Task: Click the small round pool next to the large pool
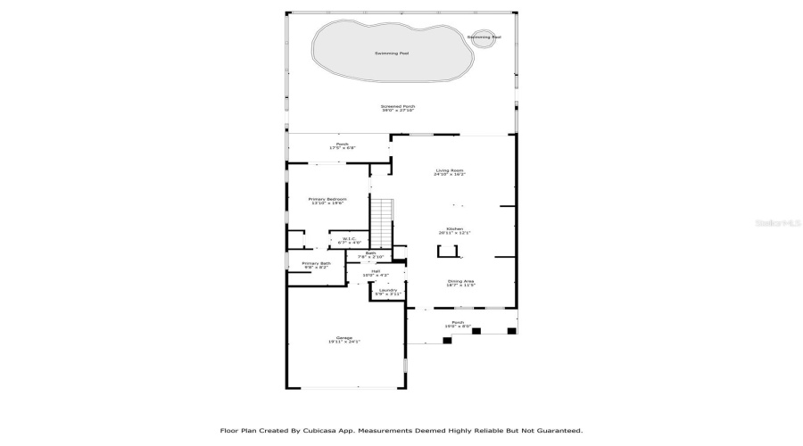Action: tap(484, 37)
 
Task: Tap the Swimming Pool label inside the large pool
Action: tap(392, 54)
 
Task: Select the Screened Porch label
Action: tap(398, 108)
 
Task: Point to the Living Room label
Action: tap(450, 172)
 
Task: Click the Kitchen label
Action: tap(454, 230)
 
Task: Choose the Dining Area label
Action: tap(460, 283)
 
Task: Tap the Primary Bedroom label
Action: tap(327, 201)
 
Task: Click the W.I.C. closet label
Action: tap(350, 240)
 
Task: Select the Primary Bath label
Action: tap(316, 265)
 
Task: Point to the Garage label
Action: tap(344, 339)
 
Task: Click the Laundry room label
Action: tap(387, 292)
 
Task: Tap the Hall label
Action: tap(375, 273)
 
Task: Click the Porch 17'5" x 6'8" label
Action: tap(341, 145)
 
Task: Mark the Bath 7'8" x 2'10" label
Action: tap(370, 255)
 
